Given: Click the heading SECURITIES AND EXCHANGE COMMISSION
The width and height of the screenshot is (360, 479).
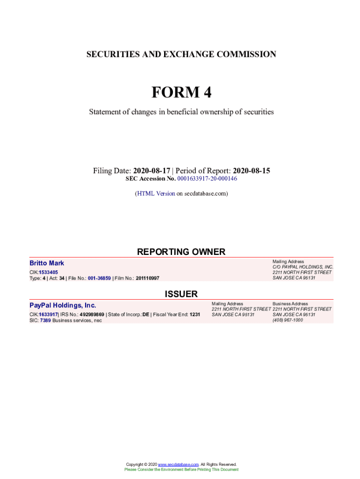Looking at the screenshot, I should point(181,54).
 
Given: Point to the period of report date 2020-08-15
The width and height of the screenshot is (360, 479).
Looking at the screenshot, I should point(252,171).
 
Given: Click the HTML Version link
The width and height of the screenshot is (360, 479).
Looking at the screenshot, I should point(156,193).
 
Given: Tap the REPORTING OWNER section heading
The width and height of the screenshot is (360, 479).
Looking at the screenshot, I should point(181,252).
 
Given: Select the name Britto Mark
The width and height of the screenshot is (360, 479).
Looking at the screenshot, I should point(47,263).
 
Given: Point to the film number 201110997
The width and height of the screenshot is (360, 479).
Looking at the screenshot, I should point(147,278).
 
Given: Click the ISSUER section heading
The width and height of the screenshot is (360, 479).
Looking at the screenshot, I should point(181,294).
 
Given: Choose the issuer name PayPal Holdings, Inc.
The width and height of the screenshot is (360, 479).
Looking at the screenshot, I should point(63,305).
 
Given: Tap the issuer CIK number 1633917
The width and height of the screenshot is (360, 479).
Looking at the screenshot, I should point(48,314).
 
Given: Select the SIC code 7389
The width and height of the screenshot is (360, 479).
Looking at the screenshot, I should point(45,320).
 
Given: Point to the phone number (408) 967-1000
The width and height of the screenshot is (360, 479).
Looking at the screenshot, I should point(288,320).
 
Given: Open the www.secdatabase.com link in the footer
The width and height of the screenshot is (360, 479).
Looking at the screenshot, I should point(178,464).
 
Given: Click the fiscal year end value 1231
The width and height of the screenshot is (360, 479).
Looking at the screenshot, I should point(194,314).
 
